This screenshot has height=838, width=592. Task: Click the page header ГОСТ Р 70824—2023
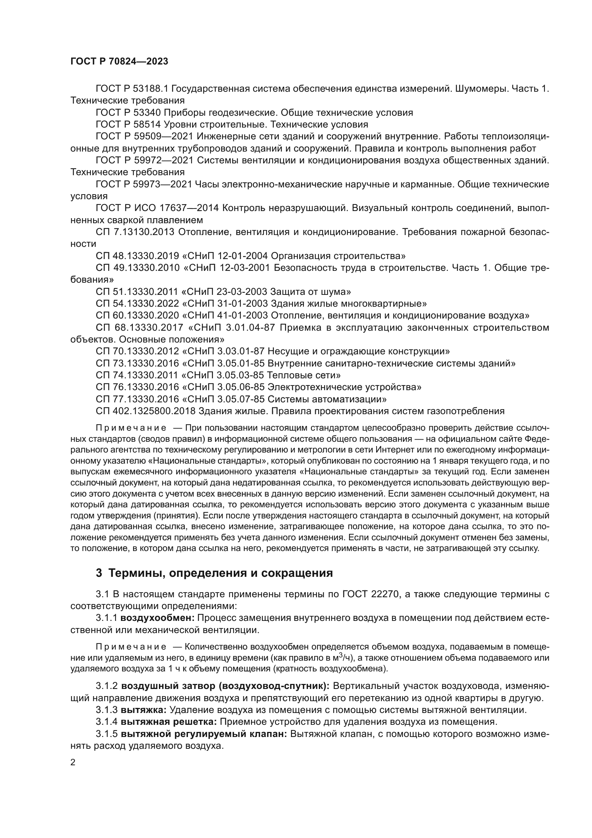119,61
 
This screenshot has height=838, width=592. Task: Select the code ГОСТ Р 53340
128,112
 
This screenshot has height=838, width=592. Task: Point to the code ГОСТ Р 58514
128,124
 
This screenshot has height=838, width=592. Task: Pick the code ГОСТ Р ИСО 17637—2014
157,208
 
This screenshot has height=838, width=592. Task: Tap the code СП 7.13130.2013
135,232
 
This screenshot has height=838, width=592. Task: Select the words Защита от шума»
310,292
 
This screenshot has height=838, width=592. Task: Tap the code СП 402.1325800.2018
146,411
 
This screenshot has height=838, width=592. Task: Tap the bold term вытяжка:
144,710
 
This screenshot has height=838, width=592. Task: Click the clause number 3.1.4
106,722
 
